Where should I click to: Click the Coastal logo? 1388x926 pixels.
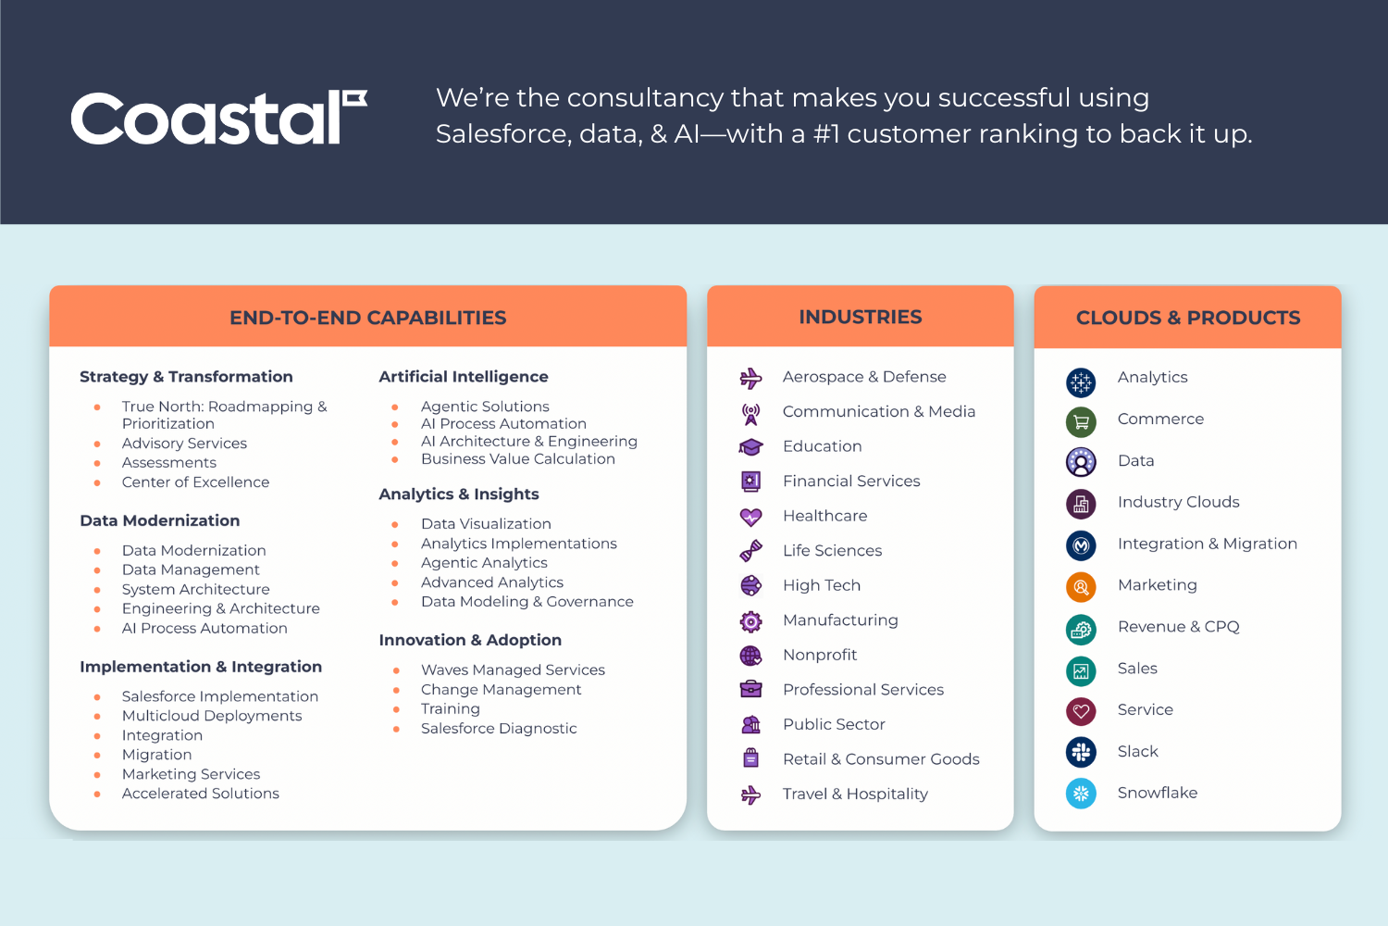pyautogui.click(x=218, y=118)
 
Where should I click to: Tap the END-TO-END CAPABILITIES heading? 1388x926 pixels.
pyautogui.click(x=368, y=318)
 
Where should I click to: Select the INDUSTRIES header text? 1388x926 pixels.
pyautogui.click(x=860, y=317)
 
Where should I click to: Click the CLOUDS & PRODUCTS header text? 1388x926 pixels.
pyautogui.click(x=1188, y=318)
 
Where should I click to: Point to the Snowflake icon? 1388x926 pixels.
pyautogui.click(x=1081, y=794)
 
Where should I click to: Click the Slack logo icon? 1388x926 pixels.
pyautogui.click(x=1081, y=752)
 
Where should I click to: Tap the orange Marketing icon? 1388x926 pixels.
pyautogui.click(x=1081, y=587)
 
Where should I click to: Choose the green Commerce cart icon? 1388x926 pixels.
pyautogui.click(x=1081, y=421)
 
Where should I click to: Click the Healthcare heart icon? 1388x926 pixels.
pyautogui.click(x=751, y=517)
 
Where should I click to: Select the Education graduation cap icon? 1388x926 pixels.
pyautogui.click(x=751, y=446)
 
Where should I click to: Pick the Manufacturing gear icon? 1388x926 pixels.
pyautogui.click(x=751, y=620)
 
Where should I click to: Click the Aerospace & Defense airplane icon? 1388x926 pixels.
pyautogui.click(x=751, y=378)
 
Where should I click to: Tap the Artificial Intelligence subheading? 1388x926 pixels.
pyautogui.click(x=464, y=377)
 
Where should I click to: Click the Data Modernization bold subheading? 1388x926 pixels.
pyautogui.click(x=160, y=520)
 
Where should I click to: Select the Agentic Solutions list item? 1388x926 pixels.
pyautogui.click(x=485, y=407)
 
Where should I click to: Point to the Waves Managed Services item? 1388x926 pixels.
pyautogui.click(x=513, y=669)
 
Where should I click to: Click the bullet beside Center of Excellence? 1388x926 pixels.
pyautogui.click(x=97, y=482)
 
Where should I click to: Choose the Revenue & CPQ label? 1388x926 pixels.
pyautogui.click(x=1179, y=626)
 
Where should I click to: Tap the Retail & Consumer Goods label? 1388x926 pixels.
pyautogui.click(x=881, y=759)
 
